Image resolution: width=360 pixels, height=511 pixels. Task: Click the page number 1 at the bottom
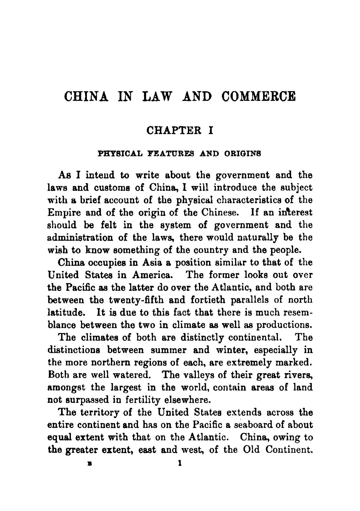click(x=180, y=463)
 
